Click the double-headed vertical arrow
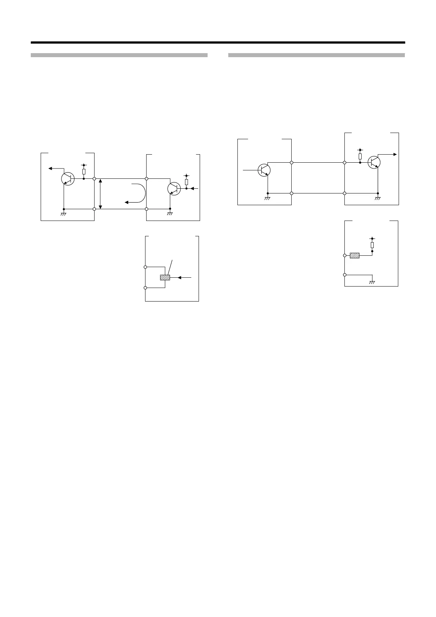[100, 194]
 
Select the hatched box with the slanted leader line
[165, 277]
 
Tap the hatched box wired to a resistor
[355, 255]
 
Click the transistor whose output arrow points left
[67, 178]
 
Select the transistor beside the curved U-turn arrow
[174, 188]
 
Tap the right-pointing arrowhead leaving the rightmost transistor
[395, 155]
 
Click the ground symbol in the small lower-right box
[372, 282]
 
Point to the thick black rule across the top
[218, 43]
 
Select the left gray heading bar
[119, 55]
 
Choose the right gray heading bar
[316, 55]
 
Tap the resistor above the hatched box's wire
[372, 245]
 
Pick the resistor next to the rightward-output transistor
[360, 156]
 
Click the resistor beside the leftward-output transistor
[84, 172]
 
